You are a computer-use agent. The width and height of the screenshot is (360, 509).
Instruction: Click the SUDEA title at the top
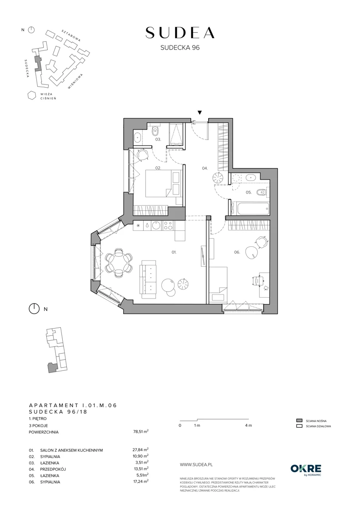coord(180,33)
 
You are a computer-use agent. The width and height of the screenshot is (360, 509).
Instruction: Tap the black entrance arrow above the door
coord(200,113)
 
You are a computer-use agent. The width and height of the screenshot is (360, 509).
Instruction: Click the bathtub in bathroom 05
coord(253,209)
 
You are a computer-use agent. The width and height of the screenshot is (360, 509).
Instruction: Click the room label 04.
coord(205,168)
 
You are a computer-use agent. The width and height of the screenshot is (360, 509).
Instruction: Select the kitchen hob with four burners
coord(168,225)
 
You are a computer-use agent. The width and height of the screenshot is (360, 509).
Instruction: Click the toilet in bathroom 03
coord(155,130)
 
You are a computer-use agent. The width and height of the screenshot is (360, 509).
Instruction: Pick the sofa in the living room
coord(148,281)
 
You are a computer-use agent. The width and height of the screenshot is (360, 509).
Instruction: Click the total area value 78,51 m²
coord(139,431)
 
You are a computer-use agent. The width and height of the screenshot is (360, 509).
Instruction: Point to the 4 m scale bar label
coord(249,425)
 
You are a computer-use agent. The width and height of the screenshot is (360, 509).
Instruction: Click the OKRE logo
coord(306,469)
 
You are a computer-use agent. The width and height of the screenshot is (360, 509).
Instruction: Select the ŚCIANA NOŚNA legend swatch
coord(299,420)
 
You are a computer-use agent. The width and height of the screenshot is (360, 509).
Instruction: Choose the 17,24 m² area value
coord(139,481)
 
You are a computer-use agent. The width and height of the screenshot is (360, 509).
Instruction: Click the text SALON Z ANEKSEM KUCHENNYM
coord(71,450)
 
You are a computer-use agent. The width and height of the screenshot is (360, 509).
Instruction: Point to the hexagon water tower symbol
coord(31,95)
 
